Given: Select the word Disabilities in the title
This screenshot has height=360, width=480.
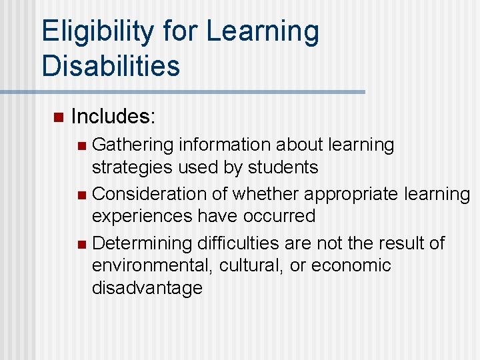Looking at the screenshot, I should pyautogui.click(x=111, y=66).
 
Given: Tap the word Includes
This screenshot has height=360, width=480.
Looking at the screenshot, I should pyautogui.click(x=113, y=117).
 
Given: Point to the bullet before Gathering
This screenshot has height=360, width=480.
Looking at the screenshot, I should pyautogui.click(x=81, y=145).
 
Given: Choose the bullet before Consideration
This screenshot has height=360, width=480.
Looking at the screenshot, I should pyautogui.click(x=81, y=195).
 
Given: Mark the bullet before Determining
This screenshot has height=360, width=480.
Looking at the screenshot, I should pyautogui.click(x=81, y=244).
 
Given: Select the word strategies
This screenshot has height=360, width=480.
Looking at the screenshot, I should pyautogui.click(x=131, y=167).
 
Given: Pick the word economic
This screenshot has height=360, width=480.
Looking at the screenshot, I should pyautogui.click(x=350, y=265).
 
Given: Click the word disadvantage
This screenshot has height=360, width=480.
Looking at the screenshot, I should pyautogui.click(x=147, y=288).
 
